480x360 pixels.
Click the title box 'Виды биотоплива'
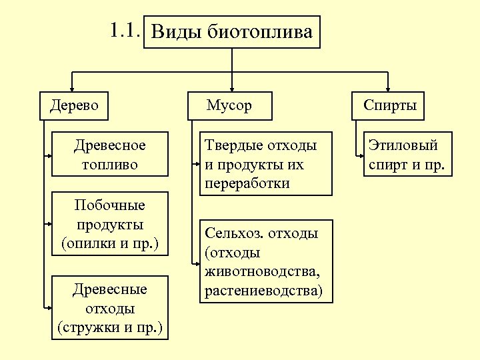coord(232,31)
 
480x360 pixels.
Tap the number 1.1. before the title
coord(125,30)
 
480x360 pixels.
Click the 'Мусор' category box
coord(229,105)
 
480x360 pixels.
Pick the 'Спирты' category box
coord(391,105)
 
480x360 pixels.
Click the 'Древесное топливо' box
coord(110,155)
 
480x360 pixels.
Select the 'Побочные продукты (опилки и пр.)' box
coord(110,224)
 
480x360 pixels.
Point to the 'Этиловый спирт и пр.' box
coord(409,155)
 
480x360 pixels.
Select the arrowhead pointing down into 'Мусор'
coord(231,87)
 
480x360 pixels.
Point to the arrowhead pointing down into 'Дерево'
coord(74,87)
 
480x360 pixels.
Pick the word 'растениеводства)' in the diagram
coord(263,291)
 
